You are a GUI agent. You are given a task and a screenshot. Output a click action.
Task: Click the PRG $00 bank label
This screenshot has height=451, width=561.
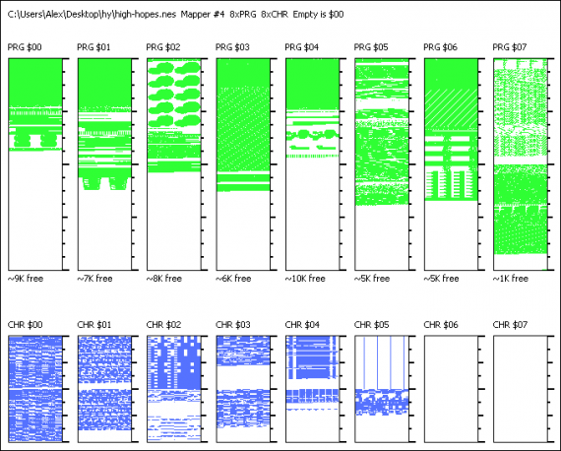pyautogui.click(x=25, y=47)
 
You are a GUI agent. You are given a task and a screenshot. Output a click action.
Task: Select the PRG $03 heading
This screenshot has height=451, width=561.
pyautogui.click(x=232, y=47)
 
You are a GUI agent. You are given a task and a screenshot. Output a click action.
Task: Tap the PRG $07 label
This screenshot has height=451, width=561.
pyautogui.click(x=510, y=47)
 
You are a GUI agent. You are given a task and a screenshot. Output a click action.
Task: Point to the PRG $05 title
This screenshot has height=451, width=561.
pyautogui.click(x=371, y=47)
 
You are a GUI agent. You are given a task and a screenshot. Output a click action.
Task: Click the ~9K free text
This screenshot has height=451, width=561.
pyautogui.click(x=26, y=279)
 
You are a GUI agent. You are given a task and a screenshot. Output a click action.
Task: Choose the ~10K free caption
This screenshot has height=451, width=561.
pyautogui.click(x=305, y=279)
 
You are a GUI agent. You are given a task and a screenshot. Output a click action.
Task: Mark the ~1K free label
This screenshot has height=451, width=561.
pyautogui.click(x=511, y=279)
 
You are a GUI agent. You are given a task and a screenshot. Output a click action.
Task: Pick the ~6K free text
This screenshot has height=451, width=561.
pyautogui.click(x=233, y=279)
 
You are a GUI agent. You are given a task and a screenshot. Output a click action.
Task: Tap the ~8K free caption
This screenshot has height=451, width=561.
pyautogui.click(x=164, y=279)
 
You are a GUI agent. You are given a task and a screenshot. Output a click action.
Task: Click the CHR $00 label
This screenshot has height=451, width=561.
pyautogui.click(x=25, y=325)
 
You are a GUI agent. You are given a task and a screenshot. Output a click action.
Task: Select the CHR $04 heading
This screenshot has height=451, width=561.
pyautogui.click(x=302, y=325)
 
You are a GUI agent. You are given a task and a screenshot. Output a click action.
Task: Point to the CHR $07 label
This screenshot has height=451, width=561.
pyautogui.click(x=510, y=325)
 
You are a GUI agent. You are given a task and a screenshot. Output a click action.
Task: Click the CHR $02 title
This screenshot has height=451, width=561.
pyautogui.click(x=163, y=325)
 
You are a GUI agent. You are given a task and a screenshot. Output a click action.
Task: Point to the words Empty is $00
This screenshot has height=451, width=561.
pyautogui.click(x=319, y=15)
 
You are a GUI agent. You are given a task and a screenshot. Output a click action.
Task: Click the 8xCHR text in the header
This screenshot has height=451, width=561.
pyautogui.click(x=275, y=15)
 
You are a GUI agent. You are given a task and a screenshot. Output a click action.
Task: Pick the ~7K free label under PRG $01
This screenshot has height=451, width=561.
pyautogui.click(x=94, y=279)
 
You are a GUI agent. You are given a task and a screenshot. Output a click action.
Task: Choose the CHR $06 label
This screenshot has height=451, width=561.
pyautogui.click(x=441, y=325)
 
